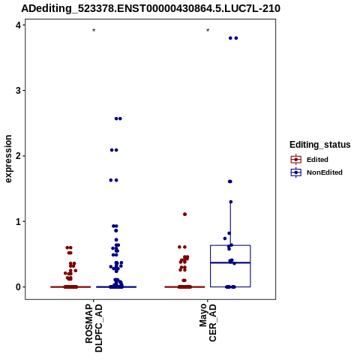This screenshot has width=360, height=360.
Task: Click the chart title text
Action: pos(151,8)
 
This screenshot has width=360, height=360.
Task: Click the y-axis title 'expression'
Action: pos(8,159)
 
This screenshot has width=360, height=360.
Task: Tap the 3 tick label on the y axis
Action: pos(18,91)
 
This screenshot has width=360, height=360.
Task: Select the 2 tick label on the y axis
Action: pos(18,156)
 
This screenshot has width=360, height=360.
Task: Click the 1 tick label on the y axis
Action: pos(18,221)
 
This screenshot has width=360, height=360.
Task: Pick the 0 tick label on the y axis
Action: pos(18,287)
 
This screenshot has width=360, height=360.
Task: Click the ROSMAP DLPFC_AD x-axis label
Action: pos(94,328)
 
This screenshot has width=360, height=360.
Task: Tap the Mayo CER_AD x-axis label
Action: pos(208,322)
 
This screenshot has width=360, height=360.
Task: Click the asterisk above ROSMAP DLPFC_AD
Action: pos(94,31)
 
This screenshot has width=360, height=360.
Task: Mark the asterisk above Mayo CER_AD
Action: pos(208,31)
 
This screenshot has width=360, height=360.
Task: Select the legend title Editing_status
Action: pos(319,145)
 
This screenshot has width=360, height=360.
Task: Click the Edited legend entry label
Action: pos(317,160)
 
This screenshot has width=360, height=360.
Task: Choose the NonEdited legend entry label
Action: pos(325,172)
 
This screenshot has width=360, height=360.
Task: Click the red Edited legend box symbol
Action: pos(296,160)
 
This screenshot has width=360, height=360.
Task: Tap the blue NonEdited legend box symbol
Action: pos(296,172)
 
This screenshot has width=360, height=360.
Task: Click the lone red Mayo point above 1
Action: pos(185,214)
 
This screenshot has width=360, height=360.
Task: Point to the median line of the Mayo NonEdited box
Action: pos(230,262)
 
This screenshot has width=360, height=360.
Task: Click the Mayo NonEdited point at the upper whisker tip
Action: pos(231,202)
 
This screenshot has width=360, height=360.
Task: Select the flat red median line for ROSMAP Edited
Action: pos(70,287)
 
